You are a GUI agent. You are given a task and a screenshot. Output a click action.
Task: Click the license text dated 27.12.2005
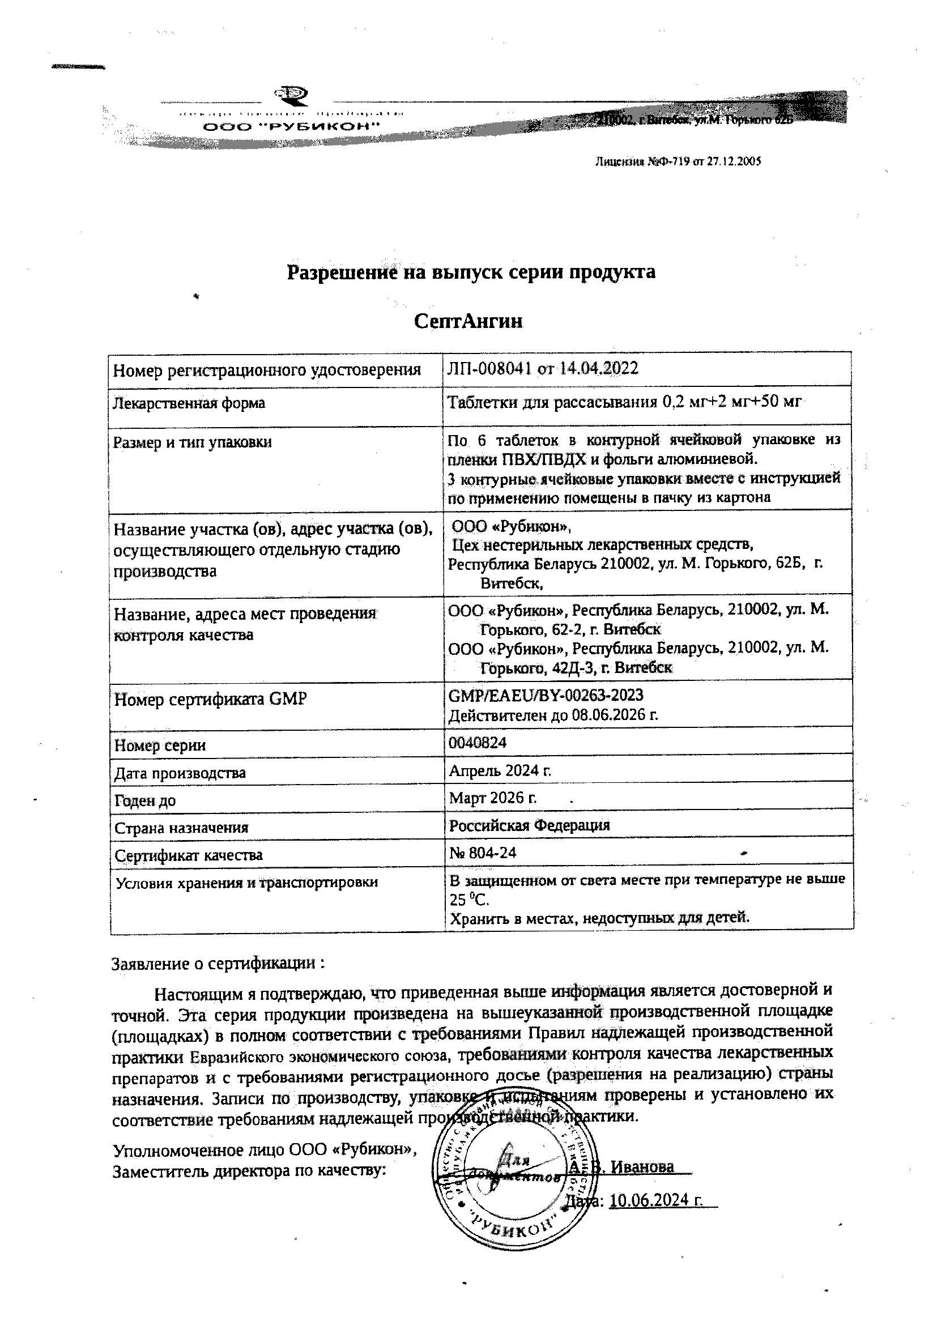point(678,162)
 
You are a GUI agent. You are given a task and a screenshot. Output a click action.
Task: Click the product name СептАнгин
point(468,321)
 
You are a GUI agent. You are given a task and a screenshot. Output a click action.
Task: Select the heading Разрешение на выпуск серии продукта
point(471,272)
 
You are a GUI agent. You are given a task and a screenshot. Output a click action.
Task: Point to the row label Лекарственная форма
point(189,403)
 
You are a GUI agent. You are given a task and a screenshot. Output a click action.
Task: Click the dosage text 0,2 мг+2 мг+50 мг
point(730,402)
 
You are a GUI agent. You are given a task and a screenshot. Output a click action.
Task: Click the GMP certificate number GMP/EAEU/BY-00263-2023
point(545,695)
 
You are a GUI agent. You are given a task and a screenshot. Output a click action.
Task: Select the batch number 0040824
point(478,742)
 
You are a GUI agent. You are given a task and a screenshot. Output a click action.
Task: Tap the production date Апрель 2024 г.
point(500,770)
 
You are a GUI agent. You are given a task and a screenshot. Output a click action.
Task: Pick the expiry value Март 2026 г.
point(493,798)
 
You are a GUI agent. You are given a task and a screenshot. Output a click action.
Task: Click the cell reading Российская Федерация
point(529,825)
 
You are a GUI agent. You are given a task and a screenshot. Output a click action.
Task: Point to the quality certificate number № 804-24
point(482,853)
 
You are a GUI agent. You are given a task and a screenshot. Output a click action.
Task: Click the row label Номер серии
point(160,745)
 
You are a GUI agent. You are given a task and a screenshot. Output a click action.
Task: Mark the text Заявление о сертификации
point(218,964)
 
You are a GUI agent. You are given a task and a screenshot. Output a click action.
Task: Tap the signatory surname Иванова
point(642,1167)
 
